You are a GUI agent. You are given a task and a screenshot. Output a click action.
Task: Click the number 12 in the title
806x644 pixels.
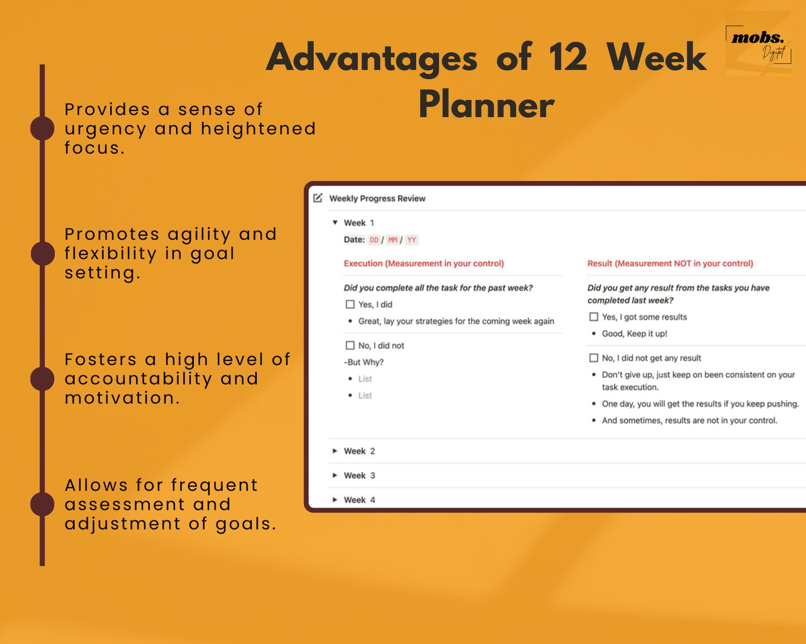568,57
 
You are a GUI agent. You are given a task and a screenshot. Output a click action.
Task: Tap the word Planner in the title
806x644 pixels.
486,105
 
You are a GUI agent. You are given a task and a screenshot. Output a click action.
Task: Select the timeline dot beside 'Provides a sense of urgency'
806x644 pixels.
42,128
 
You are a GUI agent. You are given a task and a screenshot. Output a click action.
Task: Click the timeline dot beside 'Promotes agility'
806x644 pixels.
42,253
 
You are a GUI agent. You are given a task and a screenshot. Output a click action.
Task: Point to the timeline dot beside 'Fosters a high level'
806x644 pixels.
42,378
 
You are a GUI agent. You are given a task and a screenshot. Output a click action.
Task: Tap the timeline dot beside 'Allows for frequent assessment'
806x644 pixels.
42,504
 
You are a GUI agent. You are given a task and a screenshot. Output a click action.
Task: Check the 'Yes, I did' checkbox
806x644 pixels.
350,305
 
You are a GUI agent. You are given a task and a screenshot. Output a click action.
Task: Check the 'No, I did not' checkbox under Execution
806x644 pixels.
350,345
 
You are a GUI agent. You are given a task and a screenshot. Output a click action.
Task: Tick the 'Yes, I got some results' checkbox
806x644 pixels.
594,317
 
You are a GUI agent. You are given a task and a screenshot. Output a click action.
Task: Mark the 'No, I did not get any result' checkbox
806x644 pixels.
594,358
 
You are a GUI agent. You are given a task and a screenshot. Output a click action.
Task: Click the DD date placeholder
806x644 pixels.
374,240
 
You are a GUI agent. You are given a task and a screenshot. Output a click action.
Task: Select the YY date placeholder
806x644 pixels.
412,240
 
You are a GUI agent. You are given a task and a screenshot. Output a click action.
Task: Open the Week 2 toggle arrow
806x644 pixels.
335,451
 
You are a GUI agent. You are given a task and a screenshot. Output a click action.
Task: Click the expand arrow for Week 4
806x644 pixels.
335,500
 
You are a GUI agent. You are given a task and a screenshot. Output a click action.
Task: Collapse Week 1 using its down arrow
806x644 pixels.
335,222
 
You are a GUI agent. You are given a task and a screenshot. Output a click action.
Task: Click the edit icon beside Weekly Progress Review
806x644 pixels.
318,198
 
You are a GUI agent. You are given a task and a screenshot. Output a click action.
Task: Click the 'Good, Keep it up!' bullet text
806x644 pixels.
634,334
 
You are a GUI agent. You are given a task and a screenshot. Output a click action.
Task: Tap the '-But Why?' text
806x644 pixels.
364,362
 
